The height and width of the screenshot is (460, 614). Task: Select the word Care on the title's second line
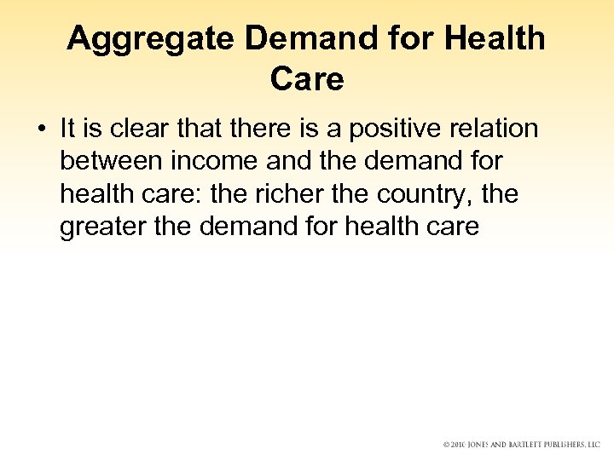[307, 79]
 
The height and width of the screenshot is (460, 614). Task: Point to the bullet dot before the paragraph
[40, 129]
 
